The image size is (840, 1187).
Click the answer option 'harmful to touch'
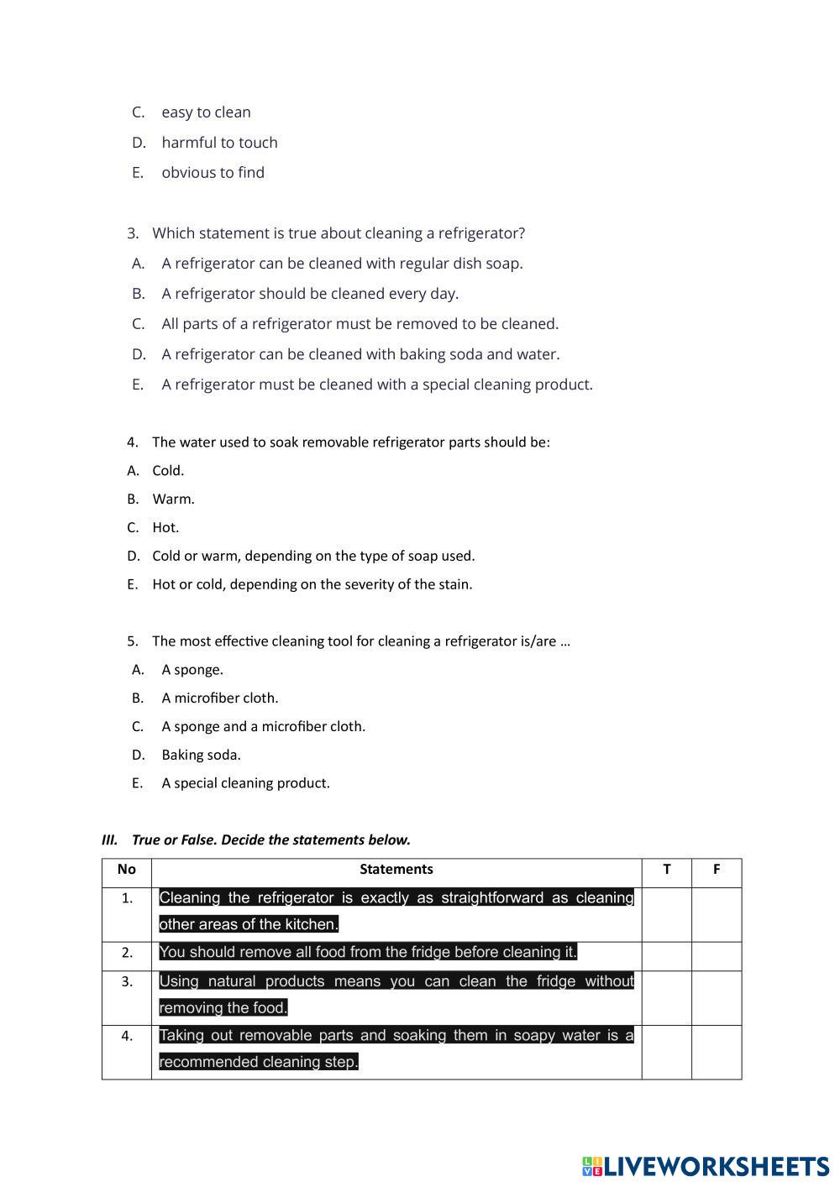click(219, 143)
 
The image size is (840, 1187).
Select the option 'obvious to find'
click(213, 173)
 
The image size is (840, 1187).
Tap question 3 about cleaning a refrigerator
click(338, 233)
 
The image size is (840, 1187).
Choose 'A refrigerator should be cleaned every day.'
click(310, 294)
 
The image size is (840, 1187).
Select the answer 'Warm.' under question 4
click(173, 499)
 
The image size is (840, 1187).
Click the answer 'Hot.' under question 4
click(165, 528)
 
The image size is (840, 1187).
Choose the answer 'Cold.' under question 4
click(168, 471)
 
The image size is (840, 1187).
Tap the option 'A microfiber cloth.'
click(220, 698)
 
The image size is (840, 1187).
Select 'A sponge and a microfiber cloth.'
click(263, 727)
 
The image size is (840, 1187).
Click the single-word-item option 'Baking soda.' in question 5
click(201, 756)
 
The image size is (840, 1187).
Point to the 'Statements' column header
click(396, 870)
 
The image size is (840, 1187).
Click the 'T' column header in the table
click(667, 870)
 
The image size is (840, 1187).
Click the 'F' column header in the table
click(717, 870)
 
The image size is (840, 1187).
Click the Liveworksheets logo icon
click(592, 1166)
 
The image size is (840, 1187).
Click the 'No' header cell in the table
click(127, 870)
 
